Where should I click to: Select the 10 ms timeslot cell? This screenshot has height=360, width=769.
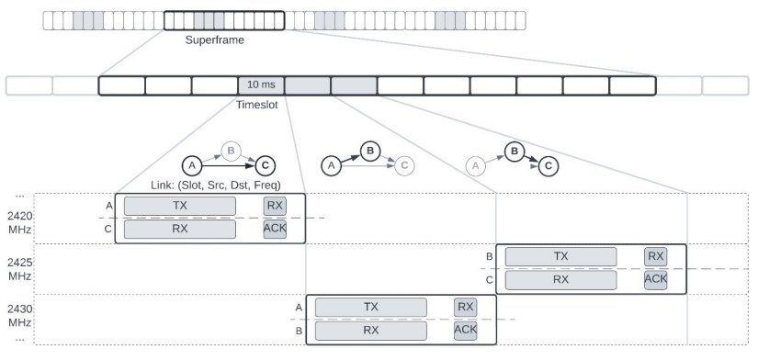(261, 85)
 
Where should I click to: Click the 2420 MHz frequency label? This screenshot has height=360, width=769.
(19, 222)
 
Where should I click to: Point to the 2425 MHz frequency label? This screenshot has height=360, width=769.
(19, 269)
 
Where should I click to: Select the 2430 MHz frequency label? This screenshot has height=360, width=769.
(19, 318)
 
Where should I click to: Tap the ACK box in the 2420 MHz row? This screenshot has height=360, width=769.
(275, 229)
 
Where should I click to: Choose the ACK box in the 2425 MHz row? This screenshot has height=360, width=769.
(655, 279)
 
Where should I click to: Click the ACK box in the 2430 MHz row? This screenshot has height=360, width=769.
(466, 330)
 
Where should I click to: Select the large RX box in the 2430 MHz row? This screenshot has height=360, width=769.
(371, 330)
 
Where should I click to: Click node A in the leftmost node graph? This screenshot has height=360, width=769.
(191, 165)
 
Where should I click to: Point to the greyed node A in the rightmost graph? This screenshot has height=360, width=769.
(474, 165)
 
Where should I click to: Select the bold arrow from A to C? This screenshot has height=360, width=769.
(228, 166)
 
